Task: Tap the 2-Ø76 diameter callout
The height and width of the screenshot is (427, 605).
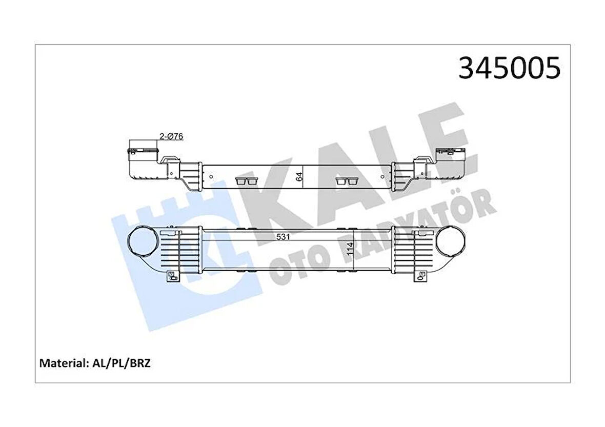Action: point(171,136)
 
